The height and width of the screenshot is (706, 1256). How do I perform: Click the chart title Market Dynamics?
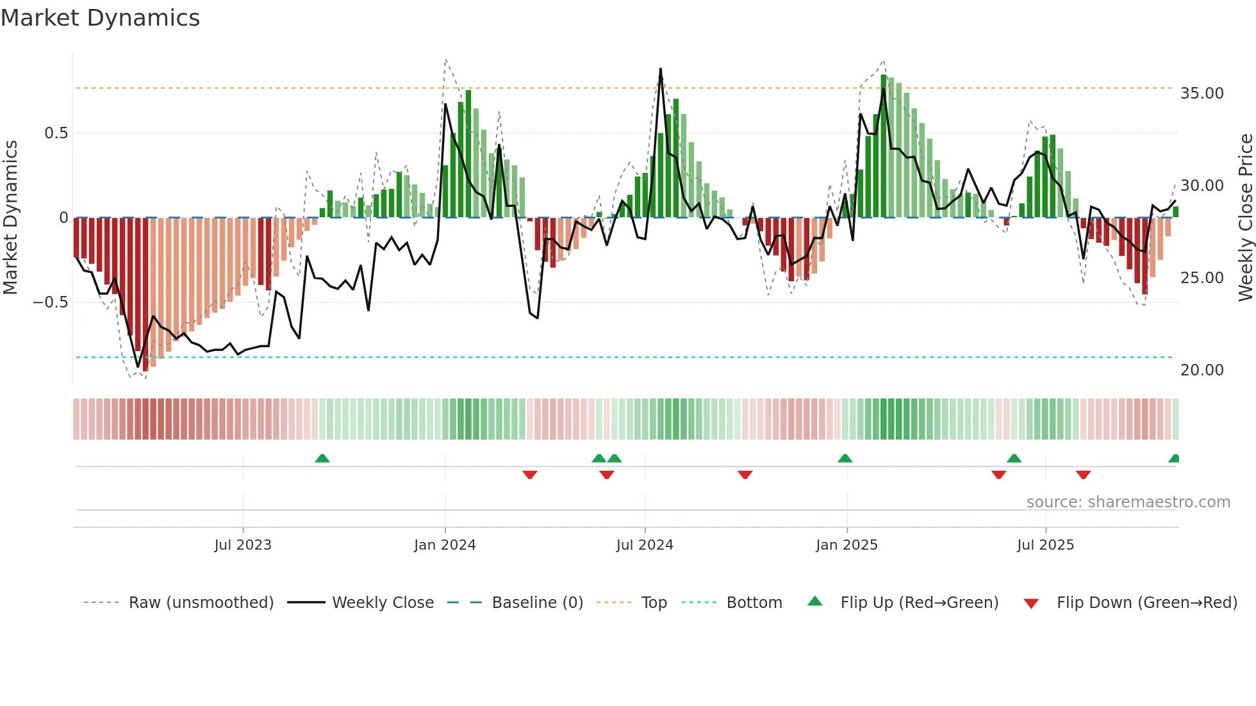[x=100, y=18]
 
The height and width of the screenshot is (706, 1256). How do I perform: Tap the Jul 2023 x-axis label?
[x=243, y=545]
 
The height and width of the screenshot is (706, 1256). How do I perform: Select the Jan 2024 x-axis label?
[x=445, y=545]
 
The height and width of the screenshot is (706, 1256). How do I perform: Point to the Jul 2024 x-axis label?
[x=645, y=545]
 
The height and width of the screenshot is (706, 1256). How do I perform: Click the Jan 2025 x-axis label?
[x=847, y=545]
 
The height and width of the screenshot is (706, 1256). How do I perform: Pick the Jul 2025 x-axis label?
[x=1045, y=545]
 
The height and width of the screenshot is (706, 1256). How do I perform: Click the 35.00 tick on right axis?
[x=1202, y=94]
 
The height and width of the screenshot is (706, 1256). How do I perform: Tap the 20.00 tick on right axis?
[x=1202, y=370]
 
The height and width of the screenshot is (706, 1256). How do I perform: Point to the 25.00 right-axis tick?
[x=1202, y=278]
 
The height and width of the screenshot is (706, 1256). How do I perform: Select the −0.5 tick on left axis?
[x=50, y=302]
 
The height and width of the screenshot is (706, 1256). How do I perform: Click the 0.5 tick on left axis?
[x=56, y=133]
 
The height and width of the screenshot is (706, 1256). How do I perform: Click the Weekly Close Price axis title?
[x=1245, y=217]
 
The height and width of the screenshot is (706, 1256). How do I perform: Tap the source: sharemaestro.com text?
[x=1128, y=502]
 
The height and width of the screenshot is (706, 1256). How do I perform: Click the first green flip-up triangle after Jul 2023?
[x=322, y=459]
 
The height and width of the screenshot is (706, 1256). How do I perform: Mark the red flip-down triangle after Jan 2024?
[x=529, y=475]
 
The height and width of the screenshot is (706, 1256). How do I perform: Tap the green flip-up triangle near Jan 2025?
[x=845, y=459]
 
